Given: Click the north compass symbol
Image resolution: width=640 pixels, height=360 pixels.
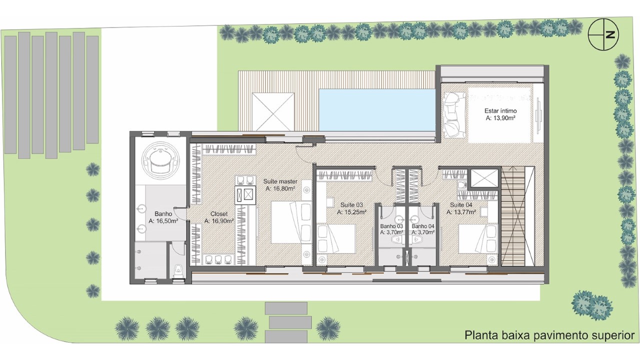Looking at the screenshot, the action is click(x=603, y=34).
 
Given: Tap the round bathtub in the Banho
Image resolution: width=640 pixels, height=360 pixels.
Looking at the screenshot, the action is click(x=162, y=161).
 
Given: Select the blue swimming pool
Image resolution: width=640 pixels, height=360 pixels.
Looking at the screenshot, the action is click(x=377, y=109).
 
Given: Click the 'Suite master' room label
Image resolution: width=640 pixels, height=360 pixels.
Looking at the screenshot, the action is click(x=280, y=181).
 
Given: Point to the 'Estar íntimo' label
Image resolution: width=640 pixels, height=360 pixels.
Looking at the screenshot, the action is click(x=500, y=111).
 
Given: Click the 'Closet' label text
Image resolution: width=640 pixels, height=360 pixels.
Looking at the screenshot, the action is click(x=219, y=213).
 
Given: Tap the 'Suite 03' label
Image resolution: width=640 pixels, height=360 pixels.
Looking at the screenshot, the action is click(x=351, y=205).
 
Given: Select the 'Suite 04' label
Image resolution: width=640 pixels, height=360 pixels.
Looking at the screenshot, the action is click(x=461, y=205).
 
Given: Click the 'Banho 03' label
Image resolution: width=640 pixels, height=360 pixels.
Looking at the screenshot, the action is click(x=391, y=226).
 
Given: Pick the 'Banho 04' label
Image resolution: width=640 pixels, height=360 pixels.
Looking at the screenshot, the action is click(x=423, y=226).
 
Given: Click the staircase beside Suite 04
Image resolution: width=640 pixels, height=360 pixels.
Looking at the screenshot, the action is click(x=513, y=216).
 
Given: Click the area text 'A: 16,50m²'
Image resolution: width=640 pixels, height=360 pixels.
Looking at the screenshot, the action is click(x=163, y=221).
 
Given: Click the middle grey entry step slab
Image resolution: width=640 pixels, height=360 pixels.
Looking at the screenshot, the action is click(x=290, y=322).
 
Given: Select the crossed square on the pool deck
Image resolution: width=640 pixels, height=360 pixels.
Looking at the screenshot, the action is click(x=273, y=111).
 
